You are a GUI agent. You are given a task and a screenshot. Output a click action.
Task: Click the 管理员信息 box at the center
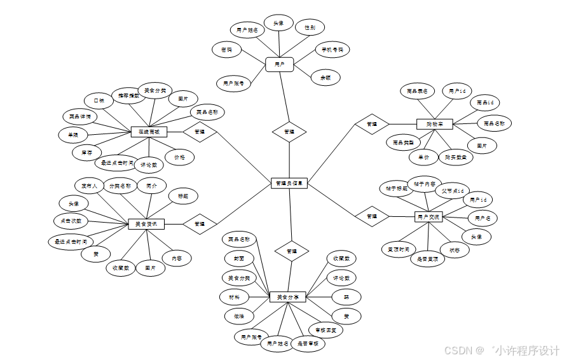tap(289, 183)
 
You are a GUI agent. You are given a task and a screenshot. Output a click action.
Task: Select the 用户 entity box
tap(279, 64)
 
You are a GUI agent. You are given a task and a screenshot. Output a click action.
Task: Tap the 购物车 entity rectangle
tap(434, 123)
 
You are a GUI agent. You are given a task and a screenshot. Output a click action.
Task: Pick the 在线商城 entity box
tap(148, 132)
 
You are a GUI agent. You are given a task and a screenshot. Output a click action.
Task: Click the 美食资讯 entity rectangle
tap(146, 224)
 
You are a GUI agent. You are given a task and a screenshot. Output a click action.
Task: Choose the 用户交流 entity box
tap(428, 217)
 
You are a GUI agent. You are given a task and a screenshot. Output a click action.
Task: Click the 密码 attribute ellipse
tap(226, 50)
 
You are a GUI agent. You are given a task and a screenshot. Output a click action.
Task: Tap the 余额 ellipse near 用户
tap(326, 78)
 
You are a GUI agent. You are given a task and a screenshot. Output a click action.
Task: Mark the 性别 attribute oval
tap(310, 27)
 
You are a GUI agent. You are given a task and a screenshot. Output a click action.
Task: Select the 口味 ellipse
tap(99, 100)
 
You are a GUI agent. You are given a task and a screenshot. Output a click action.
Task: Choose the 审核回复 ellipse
tap(325, 330)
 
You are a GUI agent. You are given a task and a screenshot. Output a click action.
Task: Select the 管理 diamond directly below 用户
tap(289, 132)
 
